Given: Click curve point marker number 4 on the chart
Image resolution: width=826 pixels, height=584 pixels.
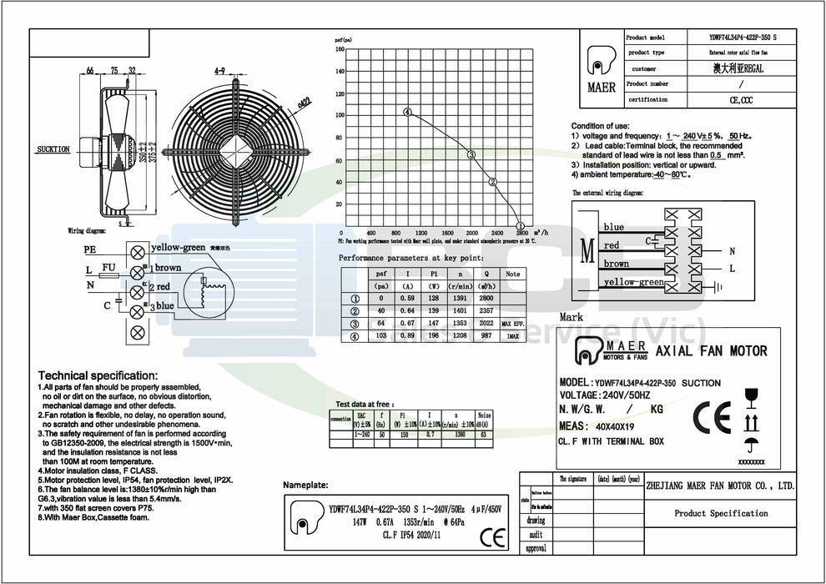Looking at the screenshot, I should (x=407, y=112).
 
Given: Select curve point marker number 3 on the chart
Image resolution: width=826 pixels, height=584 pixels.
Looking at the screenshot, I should (x=471, y=154).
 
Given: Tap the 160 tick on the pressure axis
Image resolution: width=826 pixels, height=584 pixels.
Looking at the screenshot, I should (x=340, y=49).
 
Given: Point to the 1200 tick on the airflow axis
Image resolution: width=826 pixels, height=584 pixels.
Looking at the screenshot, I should (x=421, y=233).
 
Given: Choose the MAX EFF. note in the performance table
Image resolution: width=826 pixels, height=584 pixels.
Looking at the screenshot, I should (x=512, y=324).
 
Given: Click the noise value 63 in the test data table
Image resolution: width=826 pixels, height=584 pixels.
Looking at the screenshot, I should (x=485, y=435).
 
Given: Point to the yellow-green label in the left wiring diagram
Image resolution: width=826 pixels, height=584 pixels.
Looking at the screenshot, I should (x=178, y=249).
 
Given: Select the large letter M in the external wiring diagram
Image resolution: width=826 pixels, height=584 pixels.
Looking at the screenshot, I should (x=588, y=250).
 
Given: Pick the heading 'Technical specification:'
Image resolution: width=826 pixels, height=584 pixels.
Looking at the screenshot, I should (x=98, y=376).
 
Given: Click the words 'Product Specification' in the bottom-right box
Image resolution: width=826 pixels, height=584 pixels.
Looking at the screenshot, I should (x=721, y=513).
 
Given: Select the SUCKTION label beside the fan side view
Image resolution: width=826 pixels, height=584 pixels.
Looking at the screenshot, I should (x=53, y=149).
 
